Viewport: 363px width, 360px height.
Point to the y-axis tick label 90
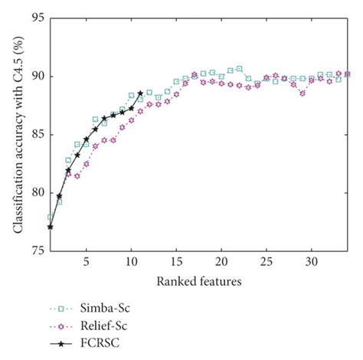[34, 77]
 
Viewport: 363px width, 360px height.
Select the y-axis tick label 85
[34, 135]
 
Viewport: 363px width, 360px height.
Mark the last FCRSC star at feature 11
[140, 93]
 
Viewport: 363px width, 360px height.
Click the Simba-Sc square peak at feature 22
[239, 69]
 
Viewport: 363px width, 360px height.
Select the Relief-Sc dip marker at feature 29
[302, 93]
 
